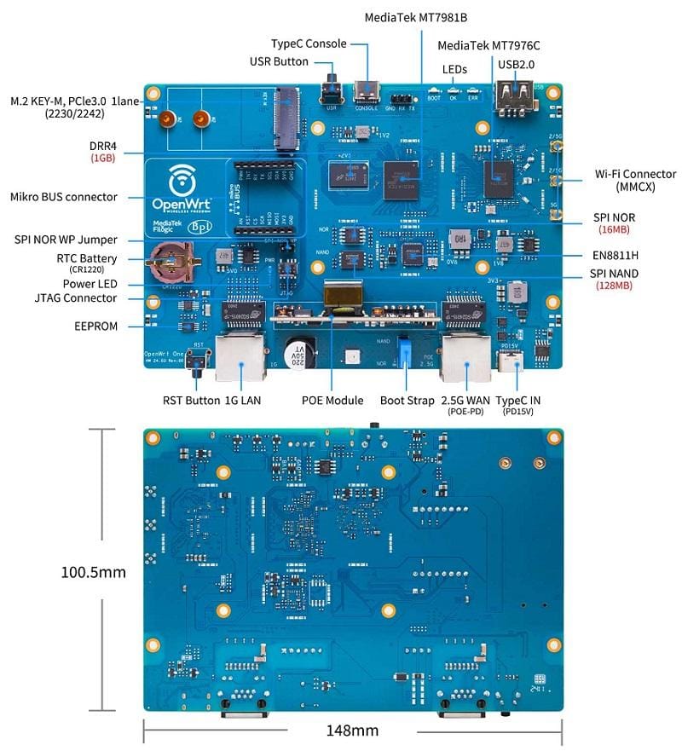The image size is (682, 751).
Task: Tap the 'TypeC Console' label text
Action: pyautogui.click(x=309, y=43)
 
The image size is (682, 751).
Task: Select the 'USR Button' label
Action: pyautogui.click(x=279, y=61)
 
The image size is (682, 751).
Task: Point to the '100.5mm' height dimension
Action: pyautogui.click(x=93, y=571)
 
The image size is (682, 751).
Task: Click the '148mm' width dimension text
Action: pyautogui.click(x=352, y=731)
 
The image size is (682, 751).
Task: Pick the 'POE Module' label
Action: pyautogui.click(x=332, y=400)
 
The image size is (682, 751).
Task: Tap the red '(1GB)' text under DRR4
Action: pyautogui.click(x=103, y=158)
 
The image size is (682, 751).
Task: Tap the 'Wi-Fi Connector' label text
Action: pyautogui.click(x=635, y=175)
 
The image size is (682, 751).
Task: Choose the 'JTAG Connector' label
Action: pyautogui.click(x=76, y=298)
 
